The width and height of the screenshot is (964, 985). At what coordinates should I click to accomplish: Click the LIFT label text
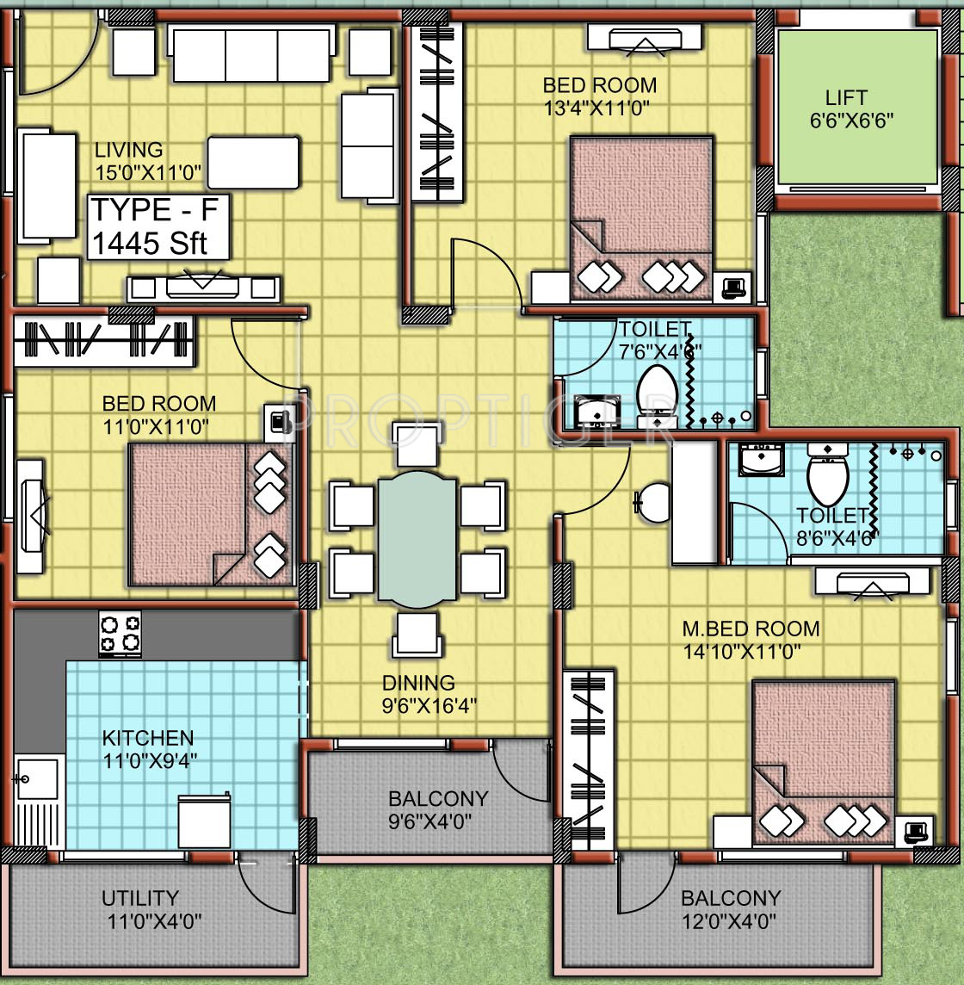(x=846, y=97)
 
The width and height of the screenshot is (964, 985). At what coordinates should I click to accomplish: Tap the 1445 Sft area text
(x=150, y=244)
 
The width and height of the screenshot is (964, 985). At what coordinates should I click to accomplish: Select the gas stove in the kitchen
(x=120, y=634)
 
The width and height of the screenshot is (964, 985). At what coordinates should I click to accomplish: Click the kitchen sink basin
(x=38, y=779)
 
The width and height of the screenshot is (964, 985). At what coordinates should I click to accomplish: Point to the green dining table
(x=417, y=540)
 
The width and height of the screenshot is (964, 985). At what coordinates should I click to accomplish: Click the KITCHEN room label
(x=148, y=738)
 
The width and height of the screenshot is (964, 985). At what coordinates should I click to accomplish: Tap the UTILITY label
(x=140, y=898)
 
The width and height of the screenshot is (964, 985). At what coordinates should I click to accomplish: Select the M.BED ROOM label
(x=751, y=629)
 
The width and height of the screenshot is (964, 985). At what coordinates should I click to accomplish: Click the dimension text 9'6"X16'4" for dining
(x=429, y=706)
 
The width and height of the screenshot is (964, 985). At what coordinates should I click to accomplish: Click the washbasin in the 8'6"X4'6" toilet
(x=761, y=459)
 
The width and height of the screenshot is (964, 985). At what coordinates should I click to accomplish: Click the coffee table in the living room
(x=253, y=163)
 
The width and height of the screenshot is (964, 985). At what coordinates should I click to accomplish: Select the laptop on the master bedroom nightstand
(x=915, y=832)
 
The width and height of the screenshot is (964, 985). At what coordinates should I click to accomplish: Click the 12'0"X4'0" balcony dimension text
(x=729, y=921)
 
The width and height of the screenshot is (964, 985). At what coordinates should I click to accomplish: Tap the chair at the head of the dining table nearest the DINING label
(x=417, y=634)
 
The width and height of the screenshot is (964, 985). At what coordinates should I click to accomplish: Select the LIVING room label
(x=129, y=150)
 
